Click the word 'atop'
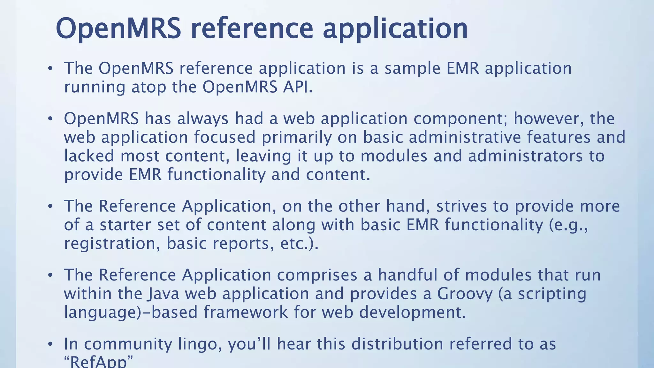pyautogui.click(x=148, y=87)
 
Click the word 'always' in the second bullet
pyautogui.click(x=203, y=119)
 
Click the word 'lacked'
pyautogui.click(x=89, y=156)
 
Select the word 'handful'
pyautogui.click(x=405, y=275)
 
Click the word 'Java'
pyautogui.click(x=163, y=294)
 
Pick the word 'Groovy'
pyautogui.click(x=465, y=294)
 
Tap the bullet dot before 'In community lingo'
pyautogui.click(x=50, y=344)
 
